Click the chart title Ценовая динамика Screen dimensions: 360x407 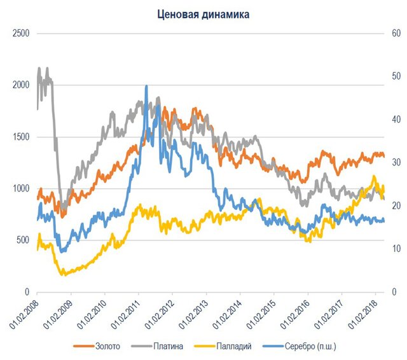click(204, 13)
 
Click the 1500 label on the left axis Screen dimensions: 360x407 click(22, 137)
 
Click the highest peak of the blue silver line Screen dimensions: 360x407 click(147, 87)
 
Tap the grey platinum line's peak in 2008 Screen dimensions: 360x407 click(39, 68)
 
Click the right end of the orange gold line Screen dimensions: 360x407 click(383, 155)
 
